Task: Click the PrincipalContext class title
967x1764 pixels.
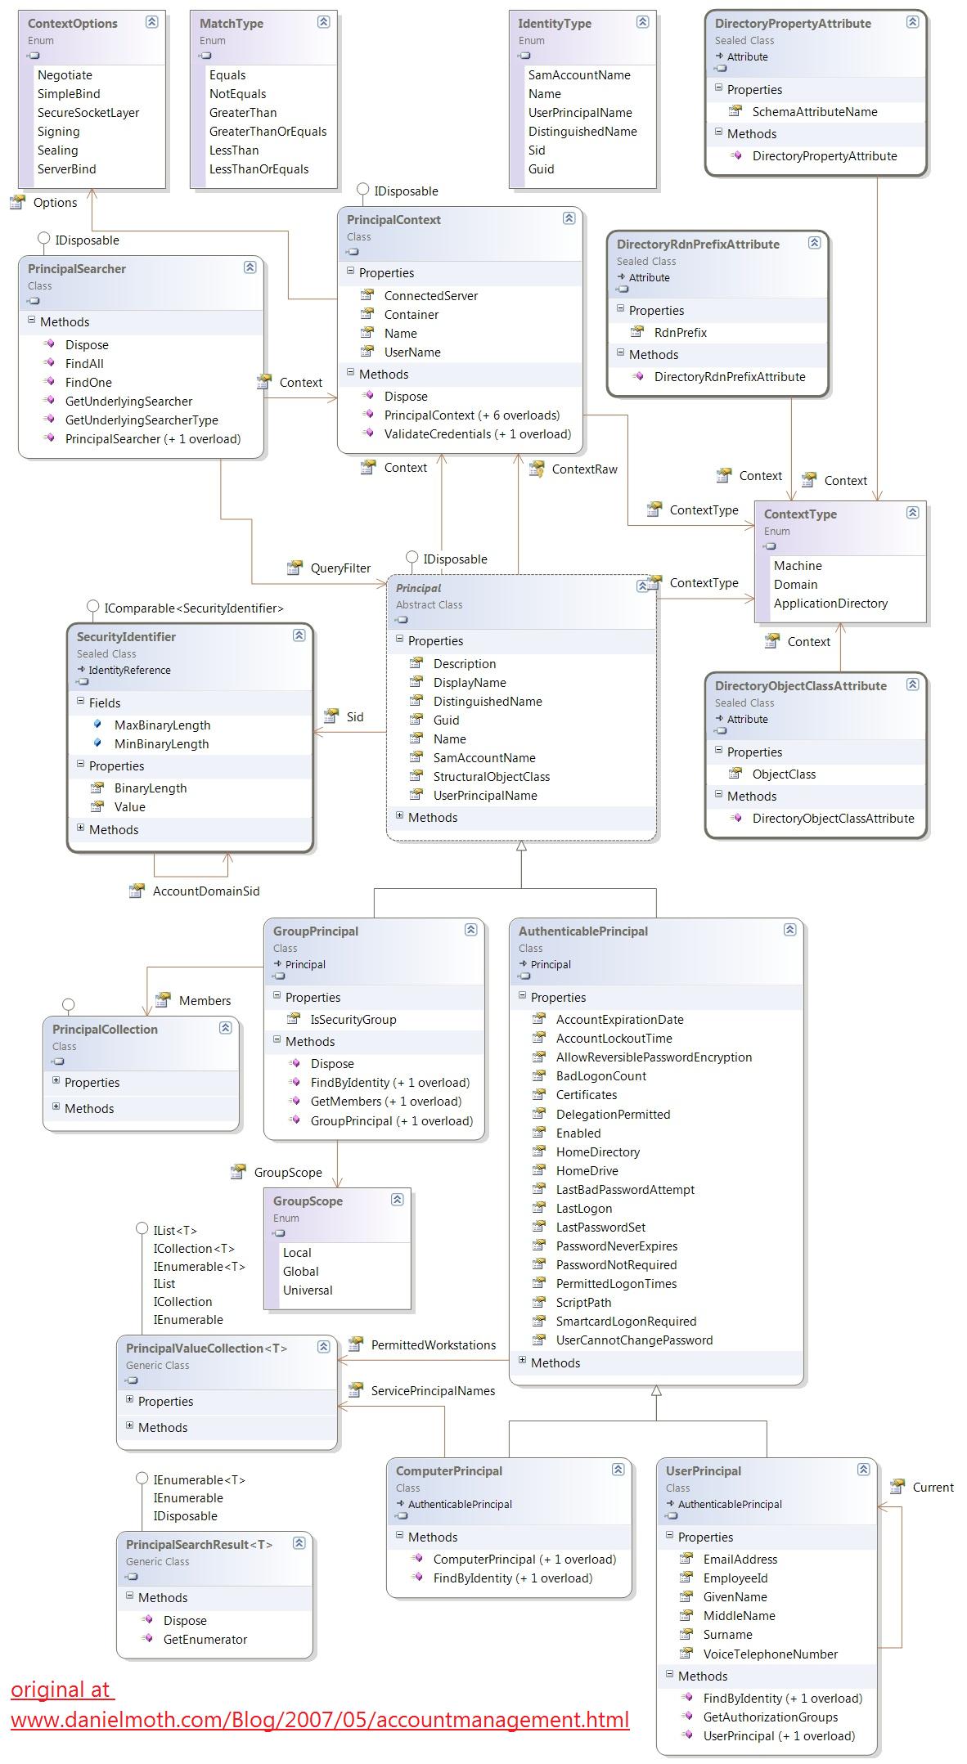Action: (x=394, y=220)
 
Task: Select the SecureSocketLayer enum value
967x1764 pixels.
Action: (x=88, y=113)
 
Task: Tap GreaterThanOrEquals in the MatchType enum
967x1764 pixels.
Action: (x=268, y=132)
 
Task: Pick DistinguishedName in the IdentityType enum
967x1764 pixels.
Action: (x=582, y=132)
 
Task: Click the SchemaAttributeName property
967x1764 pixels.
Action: (x=815, y=112)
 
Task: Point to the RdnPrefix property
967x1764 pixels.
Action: (x=681, y=333)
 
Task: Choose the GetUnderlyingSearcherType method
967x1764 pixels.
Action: (x=142, y=420)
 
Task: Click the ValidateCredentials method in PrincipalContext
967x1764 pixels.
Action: (x=478, y=434)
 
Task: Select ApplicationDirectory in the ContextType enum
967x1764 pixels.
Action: (x=830, y=604)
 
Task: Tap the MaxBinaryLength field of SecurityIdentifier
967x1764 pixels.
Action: (x=162, y=725)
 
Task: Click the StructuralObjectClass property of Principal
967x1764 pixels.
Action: (x=492, y=777)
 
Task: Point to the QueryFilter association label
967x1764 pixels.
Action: (x=340, y=568)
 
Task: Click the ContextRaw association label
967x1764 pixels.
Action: (x=584, y=469)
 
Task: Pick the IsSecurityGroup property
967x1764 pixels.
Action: (x=353, y=1020)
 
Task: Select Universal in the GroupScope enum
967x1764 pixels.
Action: (x=308, y=1290)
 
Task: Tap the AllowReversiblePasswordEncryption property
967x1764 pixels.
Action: (x=654, y=1057)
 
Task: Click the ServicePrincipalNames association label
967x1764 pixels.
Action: (x=433, y=1391)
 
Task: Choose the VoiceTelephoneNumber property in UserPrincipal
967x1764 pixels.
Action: (x=771, y=1654)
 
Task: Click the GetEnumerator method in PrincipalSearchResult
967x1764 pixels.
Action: (x=205, y=1640)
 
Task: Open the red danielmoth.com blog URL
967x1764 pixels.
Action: (x=320, y=1720)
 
